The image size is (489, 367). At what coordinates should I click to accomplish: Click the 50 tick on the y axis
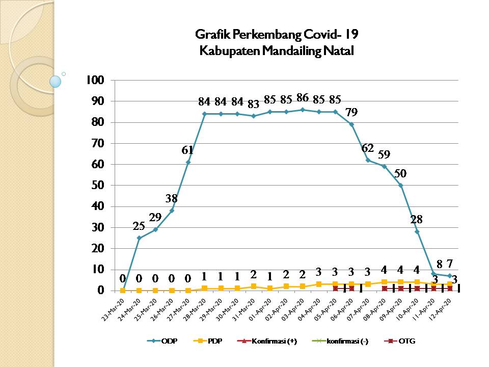[x=98, y=186]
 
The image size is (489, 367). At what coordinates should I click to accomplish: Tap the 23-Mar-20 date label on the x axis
[x=111, y=309]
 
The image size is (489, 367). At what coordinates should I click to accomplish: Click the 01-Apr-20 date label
[x=258, y=309]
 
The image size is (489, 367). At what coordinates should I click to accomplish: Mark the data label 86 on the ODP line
[x=303, y=99]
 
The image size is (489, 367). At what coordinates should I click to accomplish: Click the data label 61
[x=188, y=150]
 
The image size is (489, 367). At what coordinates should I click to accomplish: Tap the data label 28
[x=417, y=219]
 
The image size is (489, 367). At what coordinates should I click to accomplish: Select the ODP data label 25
[x=139, y=226]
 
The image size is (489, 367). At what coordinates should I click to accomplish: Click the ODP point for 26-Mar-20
[x=172, y=211]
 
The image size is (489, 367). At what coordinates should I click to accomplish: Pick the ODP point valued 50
[x=401, y=186]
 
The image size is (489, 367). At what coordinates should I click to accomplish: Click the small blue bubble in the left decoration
[x=56, y=82]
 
